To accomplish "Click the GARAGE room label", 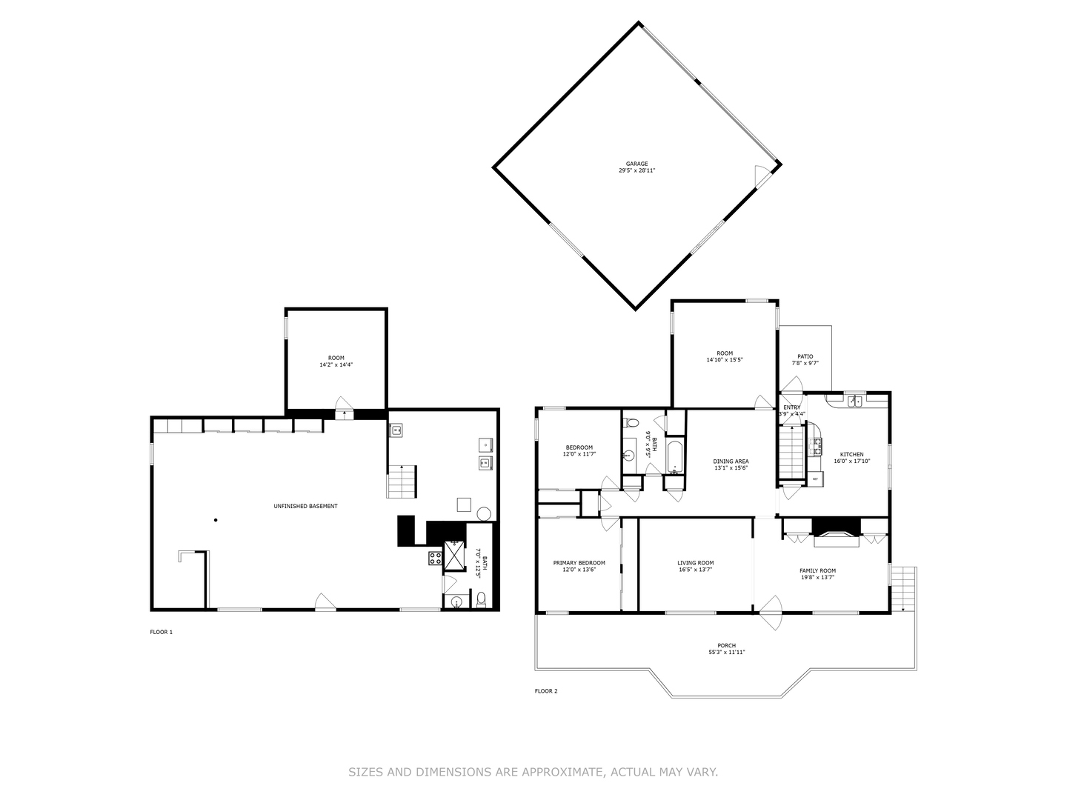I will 636,164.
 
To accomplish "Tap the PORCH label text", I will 726,645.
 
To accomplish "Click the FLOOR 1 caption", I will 161,632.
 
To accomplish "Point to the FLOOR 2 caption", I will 546,691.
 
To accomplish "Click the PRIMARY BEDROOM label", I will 579,563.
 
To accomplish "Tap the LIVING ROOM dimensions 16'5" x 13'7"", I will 695,570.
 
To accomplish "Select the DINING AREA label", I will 731,461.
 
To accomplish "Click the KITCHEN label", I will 851,454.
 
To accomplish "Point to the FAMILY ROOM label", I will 817,570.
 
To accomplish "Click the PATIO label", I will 805,356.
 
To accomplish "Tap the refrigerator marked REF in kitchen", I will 815,479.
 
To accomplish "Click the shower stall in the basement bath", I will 453,556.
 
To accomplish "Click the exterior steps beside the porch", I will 904,589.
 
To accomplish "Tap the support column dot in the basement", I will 216,520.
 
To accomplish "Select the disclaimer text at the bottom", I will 533,772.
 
